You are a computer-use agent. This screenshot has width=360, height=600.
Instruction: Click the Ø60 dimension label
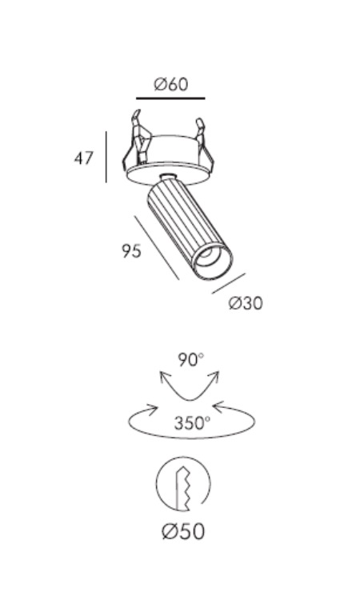point(171,84)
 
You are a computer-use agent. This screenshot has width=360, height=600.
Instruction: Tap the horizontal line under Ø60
point(170,98)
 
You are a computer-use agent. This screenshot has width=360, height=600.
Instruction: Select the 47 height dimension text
point(83,158)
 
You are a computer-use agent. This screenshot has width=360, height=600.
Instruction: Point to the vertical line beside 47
point(106,157)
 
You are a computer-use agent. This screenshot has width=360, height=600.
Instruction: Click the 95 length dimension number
point(132,251)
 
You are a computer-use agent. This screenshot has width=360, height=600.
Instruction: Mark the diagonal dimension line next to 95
point(157,247)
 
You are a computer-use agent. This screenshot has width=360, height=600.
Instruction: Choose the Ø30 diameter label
point(246,303)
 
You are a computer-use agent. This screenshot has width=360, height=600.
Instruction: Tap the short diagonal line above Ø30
point(228,283)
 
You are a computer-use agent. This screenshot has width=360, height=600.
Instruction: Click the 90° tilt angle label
point(190,360)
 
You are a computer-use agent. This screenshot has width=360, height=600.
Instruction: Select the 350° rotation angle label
point(192,423)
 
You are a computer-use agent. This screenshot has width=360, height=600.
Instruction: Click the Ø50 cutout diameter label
point(183,531)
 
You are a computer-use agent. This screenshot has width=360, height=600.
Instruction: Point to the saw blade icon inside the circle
point(183,488)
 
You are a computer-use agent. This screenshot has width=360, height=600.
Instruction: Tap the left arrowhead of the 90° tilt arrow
point(165,377)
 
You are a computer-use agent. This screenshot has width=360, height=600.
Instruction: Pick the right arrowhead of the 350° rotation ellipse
point(219,407)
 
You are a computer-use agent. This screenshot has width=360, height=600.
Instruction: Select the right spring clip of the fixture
point(202,142)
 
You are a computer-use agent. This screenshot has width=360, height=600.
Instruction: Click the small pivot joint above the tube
point(167,178)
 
